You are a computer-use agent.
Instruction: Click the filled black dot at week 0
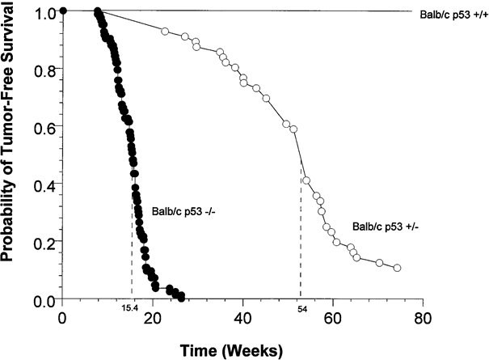click(x=62, y=11)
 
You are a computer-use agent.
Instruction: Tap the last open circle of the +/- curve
click(x=397, y=268)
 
